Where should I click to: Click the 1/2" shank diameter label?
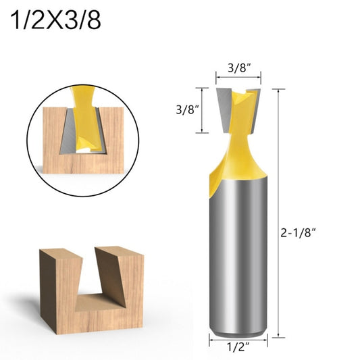click(x=238, y=349)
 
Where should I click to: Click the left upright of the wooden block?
click(x=57, y=284)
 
